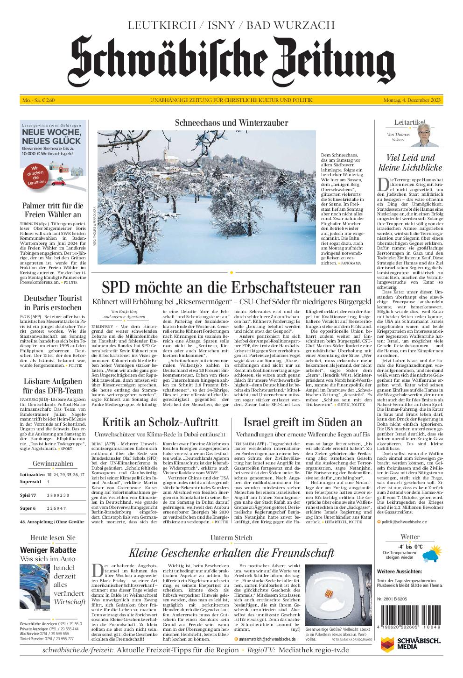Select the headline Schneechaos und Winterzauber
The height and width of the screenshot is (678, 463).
(x=231, y=123)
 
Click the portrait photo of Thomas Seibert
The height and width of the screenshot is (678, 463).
(x=424, y=136)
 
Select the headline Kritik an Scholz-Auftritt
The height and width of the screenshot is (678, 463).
(x=160, y=422)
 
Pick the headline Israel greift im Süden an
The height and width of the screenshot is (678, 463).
(x=302, y=422)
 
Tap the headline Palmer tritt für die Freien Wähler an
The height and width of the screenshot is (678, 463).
(x=53, y=210)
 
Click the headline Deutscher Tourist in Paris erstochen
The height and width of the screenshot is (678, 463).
(x=53, y=303)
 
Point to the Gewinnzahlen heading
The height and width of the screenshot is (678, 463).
(x=53, y=463)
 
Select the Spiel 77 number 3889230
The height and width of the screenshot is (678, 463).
(x=58, y=495)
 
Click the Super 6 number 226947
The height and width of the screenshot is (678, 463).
(x=56, y=508)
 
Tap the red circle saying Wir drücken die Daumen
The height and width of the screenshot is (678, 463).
(x=36, y=175)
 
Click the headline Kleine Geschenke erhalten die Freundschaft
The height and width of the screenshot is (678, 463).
(x=231, y=553)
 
